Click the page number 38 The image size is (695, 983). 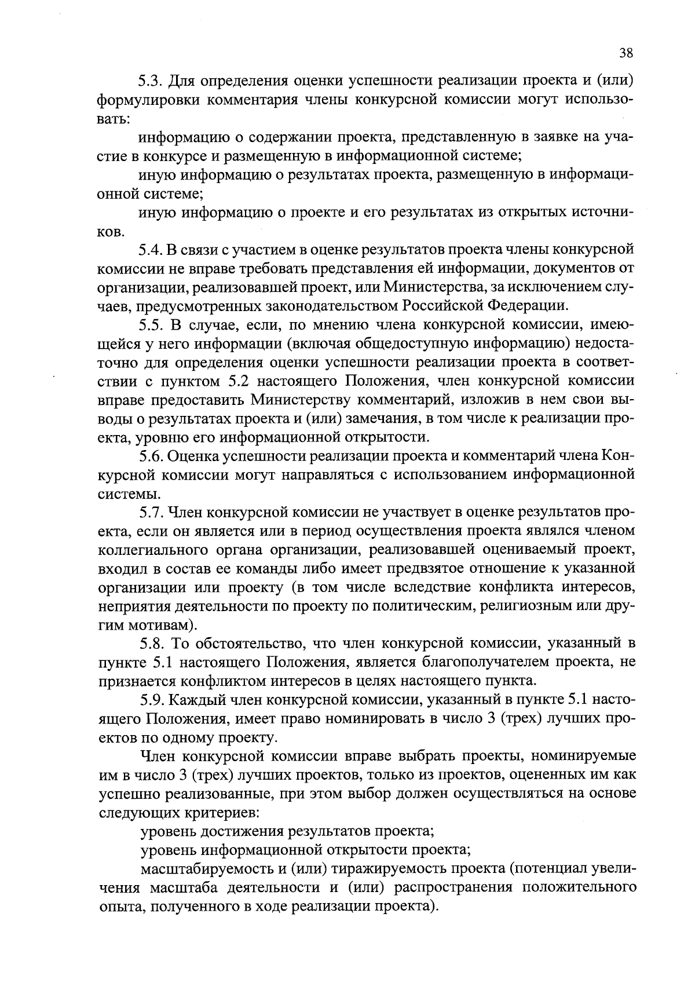tap(626, 53)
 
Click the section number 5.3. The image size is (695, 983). tap(151, 80)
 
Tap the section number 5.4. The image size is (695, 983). tap(151, 250)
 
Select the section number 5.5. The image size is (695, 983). tap(151, 325)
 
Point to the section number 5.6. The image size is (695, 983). tap(151, 456)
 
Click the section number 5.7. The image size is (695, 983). tap(151, 513)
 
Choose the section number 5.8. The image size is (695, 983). tap(151, 644)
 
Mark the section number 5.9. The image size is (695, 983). tap(151, 700)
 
